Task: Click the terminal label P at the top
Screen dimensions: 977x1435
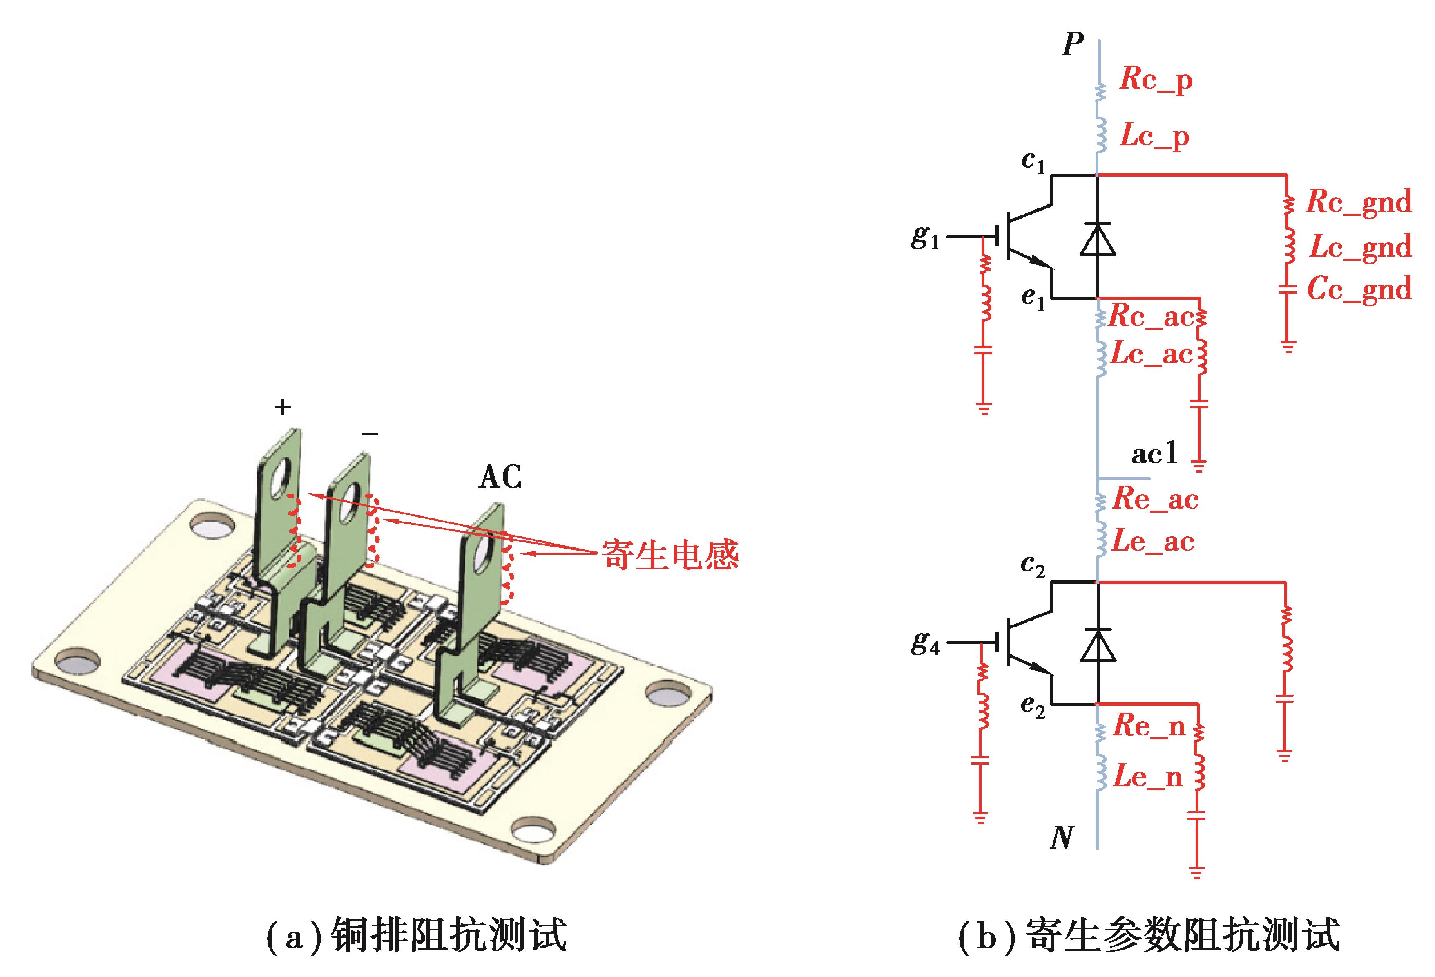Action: (1073, 45)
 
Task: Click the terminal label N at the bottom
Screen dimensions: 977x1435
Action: (1062, 838)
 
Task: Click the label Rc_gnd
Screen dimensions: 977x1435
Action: (1359, 202)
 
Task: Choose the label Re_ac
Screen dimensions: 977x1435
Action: (1155, 499)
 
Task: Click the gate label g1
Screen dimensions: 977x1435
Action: (924, 237)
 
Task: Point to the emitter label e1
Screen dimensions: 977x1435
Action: (1032, 299)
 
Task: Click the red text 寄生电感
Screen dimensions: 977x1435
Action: (670, 554)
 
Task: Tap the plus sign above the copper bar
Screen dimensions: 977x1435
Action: (282, 407)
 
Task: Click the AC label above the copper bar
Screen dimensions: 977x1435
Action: (500, 477)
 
